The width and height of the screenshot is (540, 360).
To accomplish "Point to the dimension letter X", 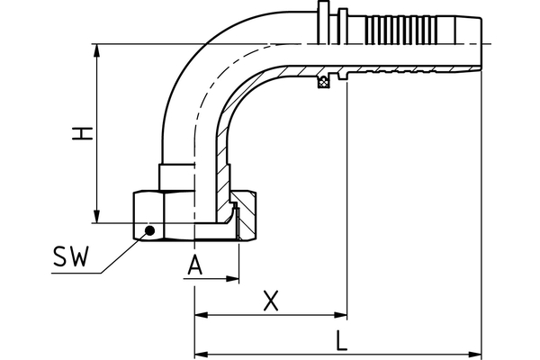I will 268,301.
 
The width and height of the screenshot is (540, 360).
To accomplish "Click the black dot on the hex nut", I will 150,231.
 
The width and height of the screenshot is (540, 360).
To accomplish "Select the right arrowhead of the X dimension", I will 341,316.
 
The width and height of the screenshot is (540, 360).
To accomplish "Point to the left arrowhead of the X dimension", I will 201,316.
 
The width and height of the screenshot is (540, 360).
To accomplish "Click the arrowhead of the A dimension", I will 233,278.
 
